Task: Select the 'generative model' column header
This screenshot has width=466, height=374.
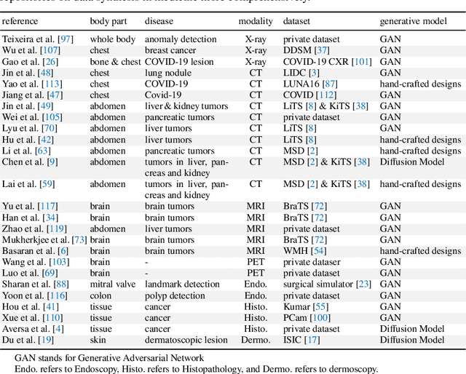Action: [413, 22]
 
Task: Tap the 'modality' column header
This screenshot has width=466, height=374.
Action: [256, 22]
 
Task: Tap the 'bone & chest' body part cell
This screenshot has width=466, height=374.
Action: [115, 62]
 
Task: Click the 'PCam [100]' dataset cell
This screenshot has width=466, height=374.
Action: [307, 317]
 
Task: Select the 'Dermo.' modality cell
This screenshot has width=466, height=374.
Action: [256, 340]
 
